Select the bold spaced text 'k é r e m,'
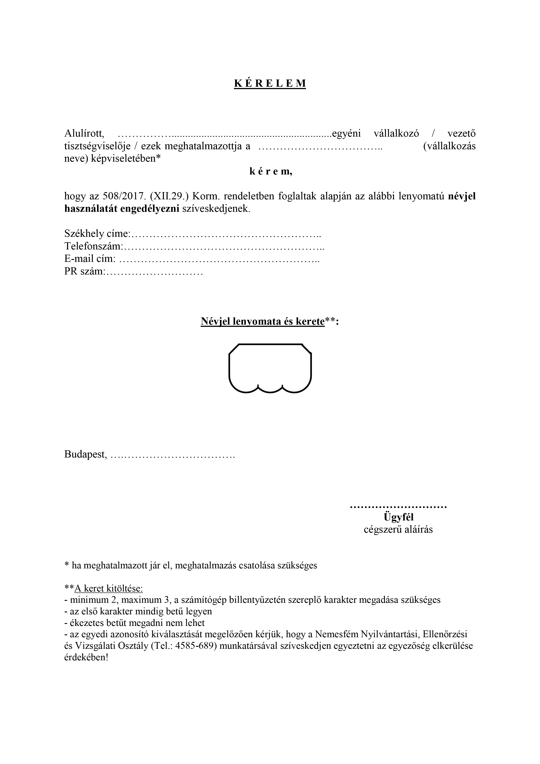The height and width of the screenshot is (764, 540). point(271,172)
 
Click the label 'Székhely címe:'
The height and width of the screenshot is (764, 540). point(96,234)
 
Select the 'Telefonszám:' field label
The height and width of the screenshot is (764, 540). point(93,247)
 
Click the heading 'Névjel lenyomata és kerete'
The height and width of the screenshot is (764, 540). point(262,322)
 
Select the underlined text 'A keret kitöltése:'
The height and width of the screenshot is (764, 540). point(108,588)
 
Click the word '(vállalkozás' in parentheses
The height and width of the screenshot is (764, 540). point(449,146)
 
